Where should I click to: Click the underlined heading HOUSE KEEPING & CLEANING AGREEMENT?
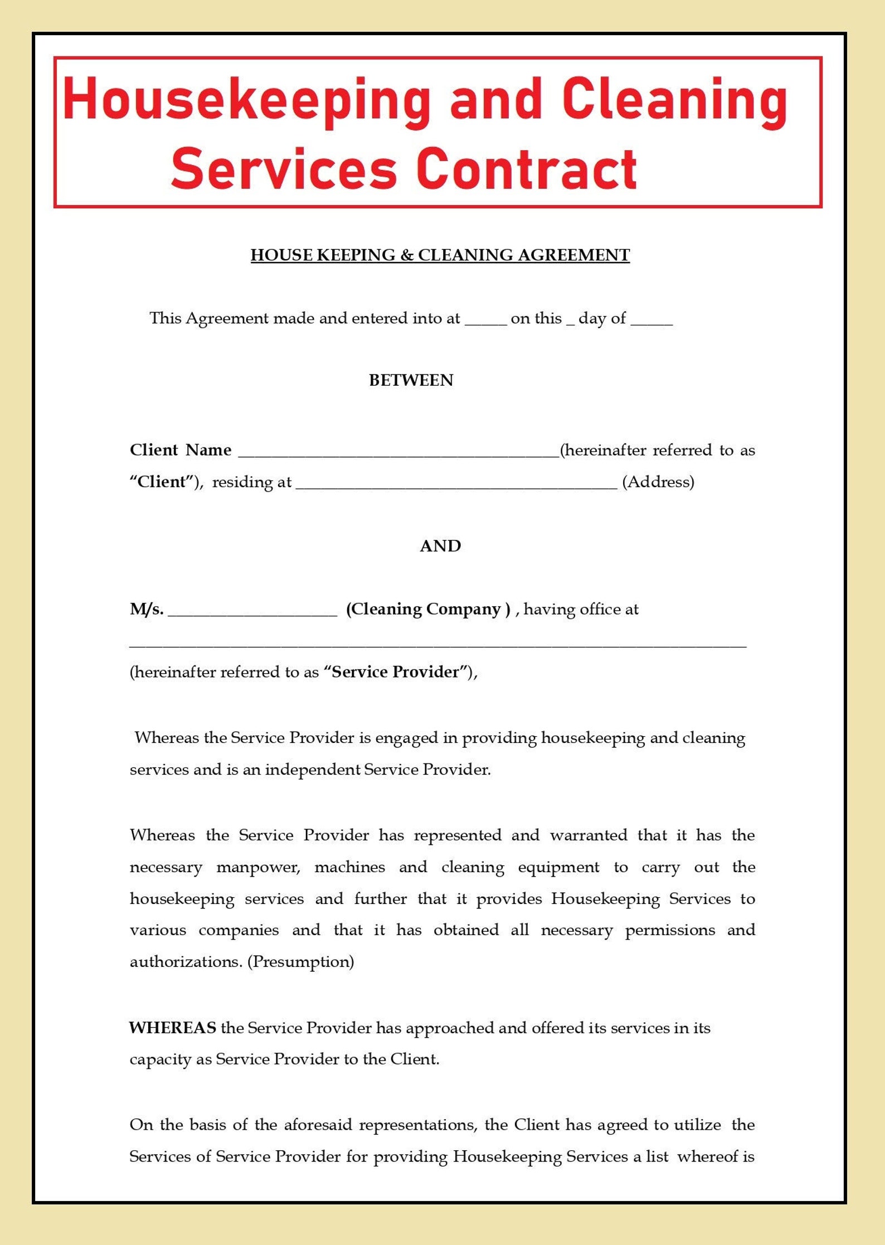coord(440,255)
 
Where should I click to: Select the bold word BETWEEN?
coord(411,380)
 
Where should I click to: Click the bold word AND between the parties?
coord(440,546)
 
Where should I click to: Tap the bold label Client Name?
coord(180,450)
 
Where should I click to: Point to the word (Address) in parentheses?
coord(658,482)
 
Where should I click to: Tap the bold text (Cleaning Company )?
coord(427,609)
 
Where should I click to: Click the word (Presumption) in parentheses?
coord(300,961)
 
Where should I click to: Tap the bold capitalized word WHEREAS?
coord(172,1028)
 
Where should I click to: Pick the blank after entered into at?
coord(485,322)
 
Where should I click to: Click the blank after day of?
coord(651,322)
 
